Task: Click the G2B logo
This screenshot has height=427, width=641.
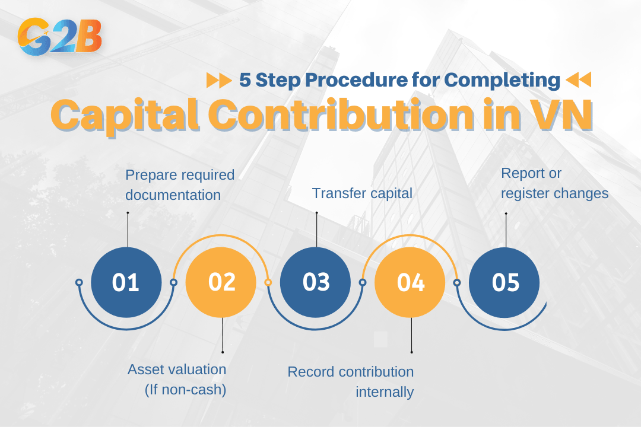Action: [60, 37]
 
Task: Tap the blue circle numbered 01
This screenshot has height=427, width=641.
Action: [126, 282]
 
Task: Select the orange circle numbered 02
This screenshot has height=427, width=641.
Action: [221, 282]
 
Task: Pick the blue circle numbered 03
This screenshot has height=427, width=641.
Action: [316, 282]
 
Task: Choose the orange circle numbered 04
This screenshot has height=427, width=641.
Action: [411, 282]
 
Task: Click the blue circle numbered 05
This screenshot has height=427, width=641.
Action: [505, 282]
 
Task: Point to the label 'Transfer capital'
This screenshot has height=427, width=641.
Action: [362, 193]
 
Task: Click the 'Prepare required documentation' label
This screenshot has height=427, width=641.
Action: [179, 184]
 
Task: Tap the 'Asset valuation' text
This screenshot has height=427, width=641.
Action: [177, 369]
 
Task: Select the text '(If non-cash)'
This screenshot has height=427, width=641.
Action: [185, 390]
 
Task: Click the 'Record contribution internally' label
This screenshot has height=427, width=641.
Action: [351, 381]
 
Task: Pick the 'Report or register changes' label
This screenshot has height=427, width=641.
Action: [554, 183]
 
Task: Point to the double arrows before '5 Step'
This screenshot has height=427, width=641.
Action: [218, 79]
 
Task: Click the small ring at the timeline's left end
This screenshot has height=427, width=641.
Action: [79, 282]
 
